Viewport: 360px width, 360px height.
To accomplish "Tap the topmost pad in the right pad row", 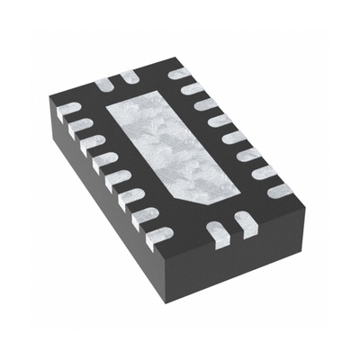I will click(181, 72).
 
